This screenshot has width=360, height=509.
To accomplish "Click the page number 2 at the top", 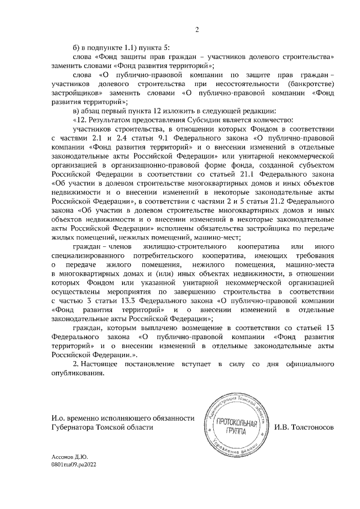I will (x=197, y=29).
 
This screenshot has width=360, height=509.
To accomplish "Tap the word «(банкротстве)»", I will (x=311, y=83).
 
